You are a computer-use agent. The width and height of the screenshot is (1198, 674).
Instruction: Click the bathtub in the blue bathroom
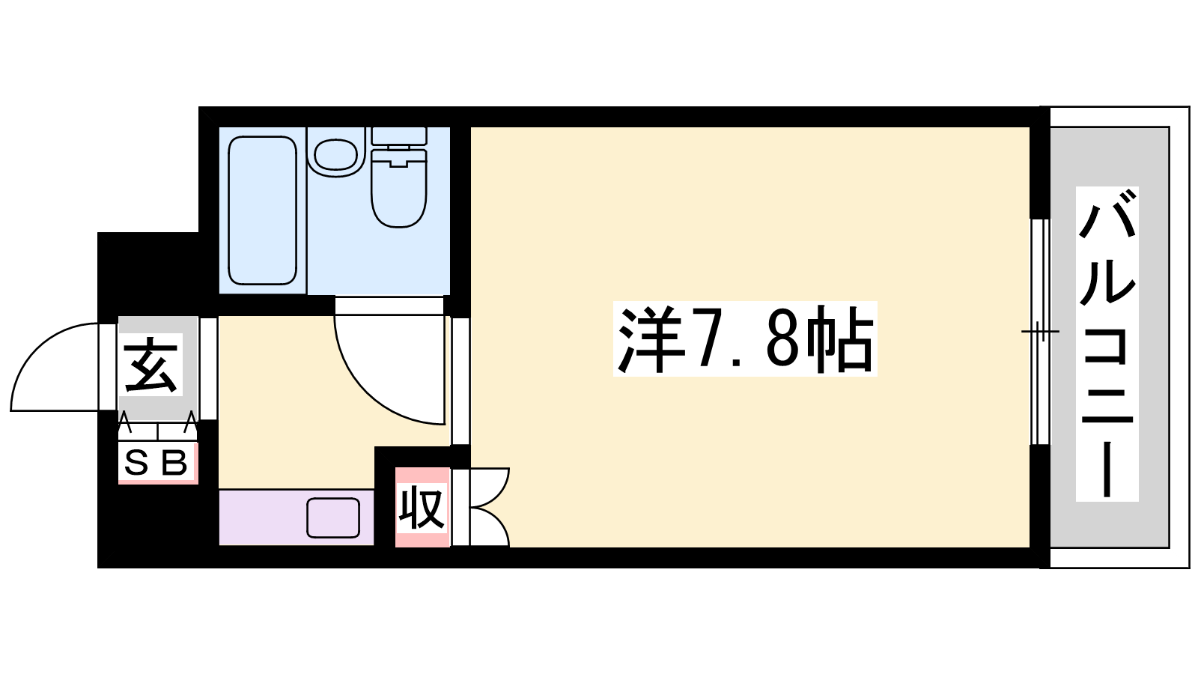pyautogui.click(x=262, y=210)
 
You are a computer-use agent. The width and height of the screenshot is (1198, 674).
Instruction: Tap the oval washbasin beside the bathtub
pyautogui.click(x=336, y=154)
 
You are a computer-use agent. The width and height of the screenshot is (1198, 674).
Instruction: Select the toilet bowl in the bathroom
pyautogui.click(x=399, y=188)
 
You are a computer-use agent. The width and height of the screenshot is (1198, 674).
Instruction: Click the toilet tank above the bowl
pyautogui.click(x=399, y=136)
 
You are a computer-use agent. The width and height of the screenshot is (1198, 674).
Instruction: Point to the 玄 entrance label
pyautogui.click(x=150, y=365)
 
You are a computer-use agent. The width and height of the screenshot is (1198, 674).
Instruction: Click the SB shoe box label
pyautogui.click(x=156, y=463)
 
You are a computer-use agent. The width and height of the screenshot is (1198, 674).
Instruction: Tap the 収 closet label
pyautogui.click(x=422, y=507)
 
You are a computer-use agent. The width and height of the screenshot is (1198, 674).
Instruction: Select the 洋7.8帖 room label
pyautogui.click(x=745, y=339)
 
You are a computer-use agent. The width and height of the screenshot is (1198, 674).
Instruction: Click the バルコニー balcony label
pyautogui.click(x=1107, y=344)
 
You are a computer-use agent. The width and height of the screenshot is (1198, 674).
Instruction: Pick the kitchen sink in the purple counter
pyautogui.click(x=332, y=517)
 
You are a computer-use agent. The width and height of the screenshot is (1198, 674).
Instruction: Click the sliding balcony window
pyautogui.click(x=1040, y=332)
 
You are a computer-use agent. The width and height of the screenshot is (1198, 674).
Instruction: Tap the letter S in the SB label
pyautogui.click(x=136, y=463)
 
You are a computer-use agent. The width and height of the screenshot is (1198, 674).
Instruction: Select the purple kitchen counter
pyautogui.click(x=296, y=517)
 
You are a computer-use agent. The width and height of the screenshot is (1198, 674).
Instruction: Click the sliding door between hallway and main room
pyautogui.click(x=460, y=381)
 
